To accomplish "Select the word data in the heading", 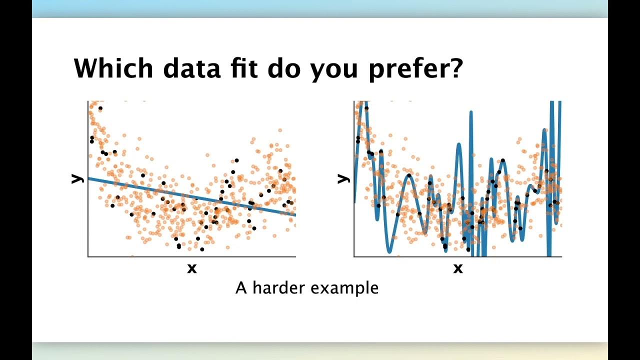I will coord(192,68).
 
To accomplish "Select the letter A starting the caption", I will coord(241,288).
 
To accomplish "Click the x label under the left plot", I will coord(192,269).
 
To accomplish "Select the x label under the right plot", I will coord(458,269).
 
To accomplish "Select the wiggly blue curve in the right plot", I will coord(409,175).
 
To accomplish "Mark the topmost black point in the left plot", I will coord(100,108).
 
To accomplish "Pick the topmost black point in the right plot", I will coord(366,108).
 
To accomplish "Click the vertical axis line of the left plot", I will coord(88,200).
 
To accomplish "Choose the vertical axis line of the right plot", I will coord(354,225).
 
